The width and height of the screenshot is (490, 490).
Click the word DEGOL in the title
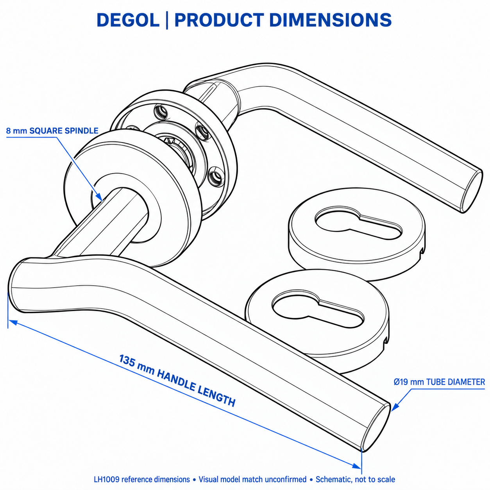point(128,20)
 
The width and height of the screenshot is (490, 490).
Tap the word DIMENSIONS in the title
point(330,20)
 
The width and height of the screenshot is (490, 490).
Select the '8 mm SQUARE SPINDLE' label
point(52,131)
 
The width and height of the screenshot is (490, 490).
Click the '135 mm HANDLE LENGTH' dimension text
point(177,381)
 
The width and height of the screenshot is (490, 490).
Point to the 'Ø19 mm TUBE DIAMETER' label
point(439,382)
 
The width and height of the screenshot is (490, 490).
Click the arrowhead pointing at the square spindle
point(99,197)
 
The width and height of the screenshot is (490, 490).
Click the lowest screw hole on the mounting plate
point(215,176)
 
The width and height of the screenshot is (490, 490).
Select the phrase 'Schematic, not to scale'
point(355,479)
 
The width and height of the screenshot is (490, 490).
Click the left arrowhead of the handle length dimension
point(13,322)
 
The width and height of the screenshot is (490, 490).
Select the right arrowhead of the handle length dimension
point(356,466)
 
